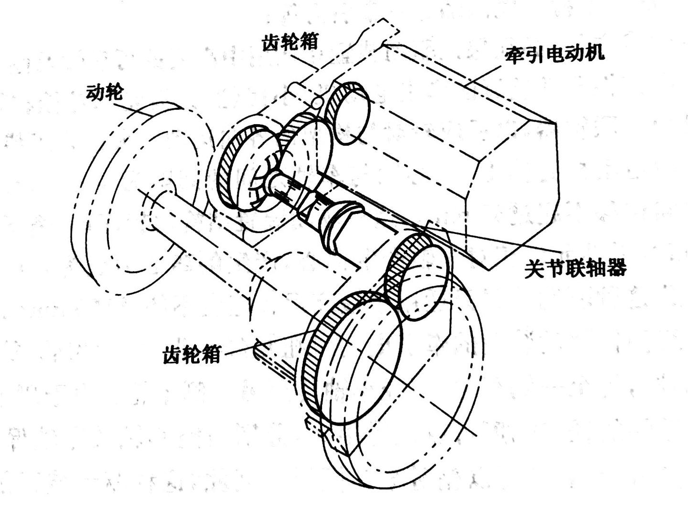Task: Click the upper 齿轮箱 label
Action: click(x=290, y=42)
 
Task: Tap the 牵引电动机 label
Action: click(x=554, y=53)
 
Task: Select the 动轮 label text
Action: click(x=104, y=92)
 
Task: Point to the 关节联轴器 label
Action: click(x=575, y=268)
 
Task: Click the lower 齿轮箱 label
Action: click(x=192, y=354)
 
